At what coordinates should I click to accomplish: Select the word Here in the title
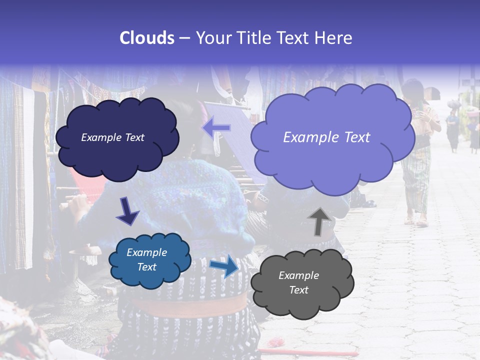[333, 37]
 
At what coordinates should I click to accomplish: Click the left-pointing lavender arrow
[216, 128]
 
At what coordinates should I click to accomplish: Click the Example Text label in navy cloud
[112, 137]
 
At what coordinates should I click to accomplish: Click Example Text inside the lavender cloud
[326, 137]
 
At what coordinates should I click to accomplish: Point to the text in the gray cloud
[298, 282]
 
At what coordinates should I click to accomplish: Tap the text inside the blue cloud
[146, 259]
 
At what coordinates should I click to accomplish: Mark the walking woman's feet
[416, 220]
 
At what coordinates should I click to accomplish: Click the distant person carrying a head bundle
[453, 125]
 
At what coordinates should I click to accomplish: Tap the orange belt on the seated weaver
[190, 305]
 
